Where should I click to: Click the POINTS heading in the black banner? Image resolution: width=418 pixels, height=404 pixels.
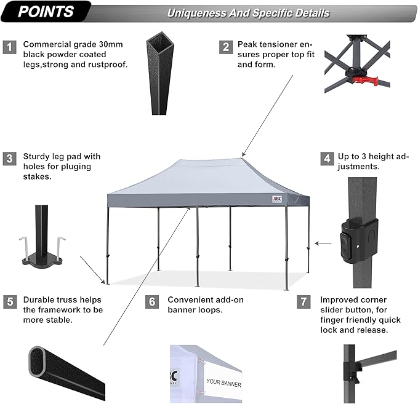(x=46, y=11)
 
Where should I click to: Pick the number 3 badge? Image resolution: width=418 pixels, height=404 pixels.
(x=9, y=159)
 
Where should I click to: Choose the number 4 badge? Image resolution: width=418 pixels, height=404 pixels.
(x=327, y=159)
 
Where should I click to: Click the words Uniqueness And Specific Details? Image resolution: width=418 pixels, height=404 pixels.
(x=248, y=13)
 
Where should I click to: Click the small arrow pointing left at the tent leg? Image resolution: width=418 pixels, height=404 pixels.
(x=322, y=244)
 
